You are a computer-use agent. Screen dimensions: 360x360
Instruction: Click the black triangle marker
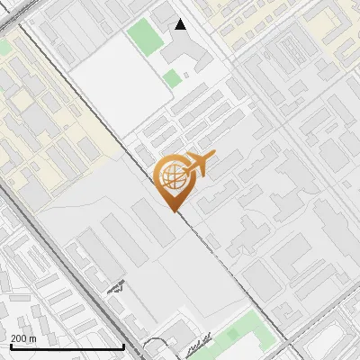tap(181, 24)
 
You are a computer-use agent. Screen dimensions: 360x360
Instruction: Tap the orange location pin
tap(174, 181)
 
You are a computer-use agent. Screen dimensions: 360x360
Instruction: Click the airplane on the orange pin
tap(197, 164)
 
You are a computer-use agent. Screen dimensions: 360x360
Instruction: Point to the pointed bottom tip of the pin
tap(174, 211)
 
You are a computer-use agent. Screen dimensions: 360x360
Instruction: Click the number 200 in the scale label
tap(19, 338)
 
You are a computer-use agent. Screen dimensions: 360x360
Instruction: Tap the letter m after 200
tap(32, 338)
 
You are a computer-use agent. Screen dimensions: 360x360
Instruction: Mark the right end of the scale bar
tap(123, 346)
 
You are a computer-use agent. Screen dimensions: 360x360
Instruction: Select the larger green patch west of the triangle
tap(141, 37)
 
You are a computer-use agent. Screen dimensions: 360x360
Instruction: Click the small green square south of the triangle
tap(172, 78)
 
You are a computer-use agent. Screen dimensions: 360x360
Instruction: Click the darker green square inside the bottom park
tap(234, 334)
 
